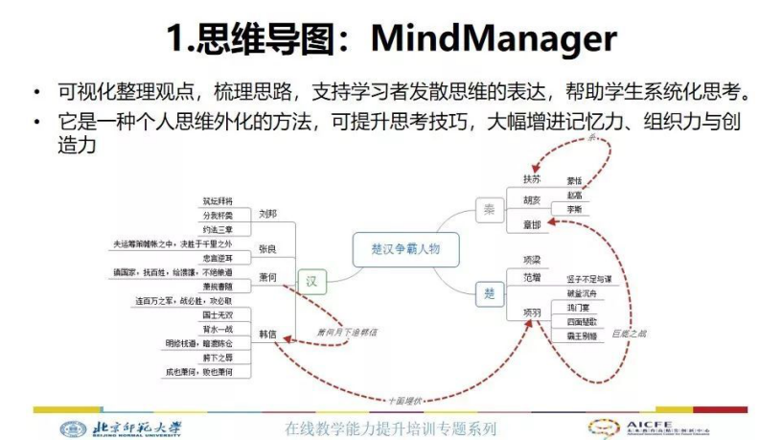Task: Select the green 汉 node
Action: pyautogui.click(x=310, y=281)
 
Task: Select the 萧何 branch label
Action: pyautogui.click(x=267, y=277)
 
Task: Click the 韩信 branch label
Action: pyautogui.click(x=267, y=334)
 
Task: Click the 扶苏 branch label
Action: pyautogui.click(x=531, y=179)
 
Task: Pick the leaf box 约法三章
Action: pyautogui.click(x=218, y=230)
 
